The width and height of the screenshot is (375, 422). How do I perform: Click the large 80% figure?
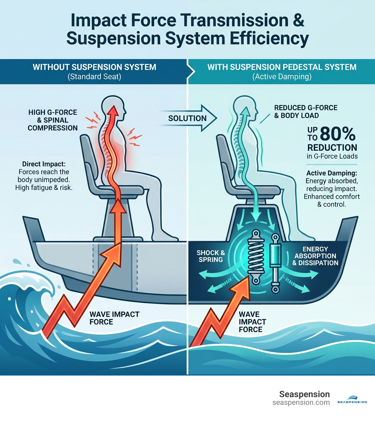click(337, 135)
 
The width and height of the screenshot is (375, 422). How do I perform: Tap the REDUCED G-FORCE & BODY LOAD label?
click(306, 112)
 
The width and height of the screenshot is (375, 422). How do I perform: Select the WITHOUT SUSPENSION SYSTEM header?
click(94, 67)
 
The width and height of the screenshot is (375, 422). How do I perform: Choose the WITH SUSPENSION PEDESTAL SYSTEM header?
click(282, 67)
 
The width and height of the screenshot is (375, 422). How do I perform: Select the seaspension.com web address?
click(301, 402)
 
